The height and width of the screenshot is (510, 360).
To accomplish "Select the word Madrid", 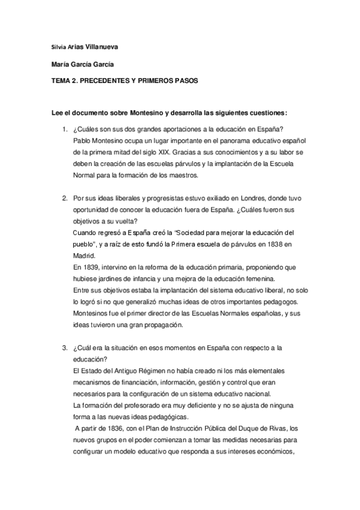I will pyautogui.click(x=83, y=255).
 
